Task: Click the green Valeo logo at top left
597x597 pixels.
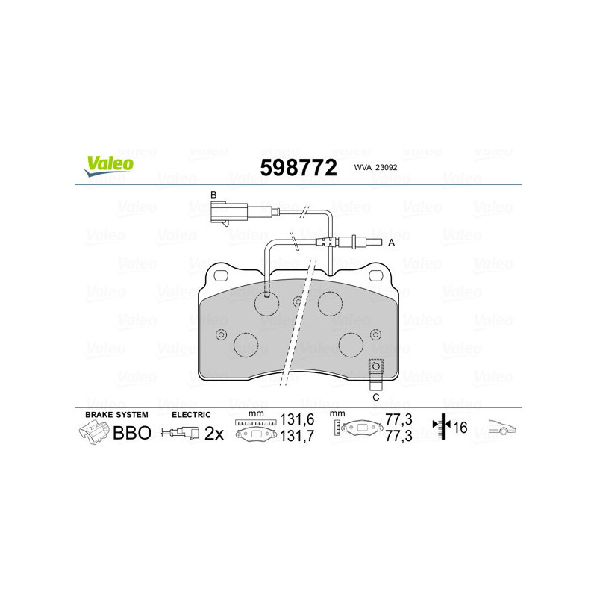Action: point(109,166)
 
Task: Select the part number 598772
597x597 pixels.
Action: point(298,167)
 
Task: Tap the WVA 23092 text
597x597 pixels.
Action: point(376,169)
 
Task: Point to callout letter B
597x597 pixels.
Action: point(213,195)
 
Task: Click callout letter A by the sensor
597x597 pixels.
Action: point(392,243)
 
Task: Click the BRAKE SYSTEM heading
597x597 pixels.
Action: point(116,414)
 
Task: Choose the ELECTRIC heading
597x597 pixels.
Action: point(192,414)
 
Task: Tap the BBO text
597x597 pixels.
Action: point(131,433)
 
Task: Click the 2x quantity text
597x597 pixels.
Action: point(214,433)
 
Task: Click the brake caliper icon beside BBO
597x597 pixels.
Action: point(93,432)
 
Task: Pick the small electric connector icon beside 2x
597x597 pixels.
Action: point(182,433)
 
